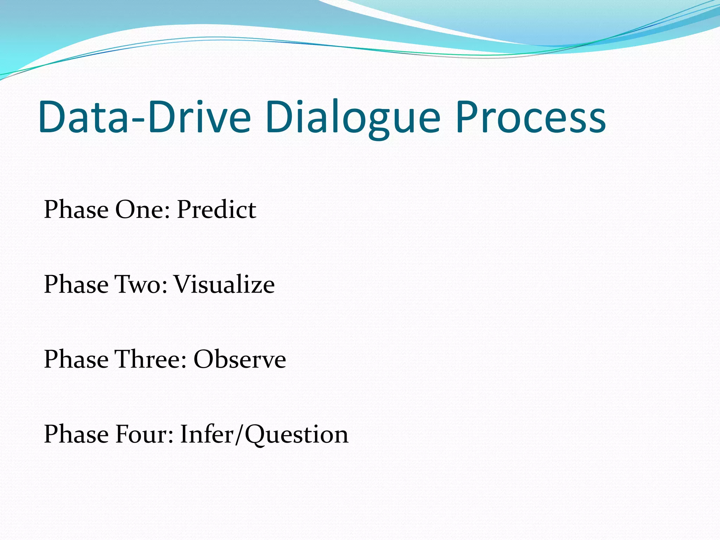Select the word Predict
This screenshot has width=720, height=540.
pos(216,210)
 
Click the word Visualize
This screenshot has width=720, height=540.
pos(224,284)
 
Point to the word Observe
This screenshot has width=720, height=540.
pos(240,359)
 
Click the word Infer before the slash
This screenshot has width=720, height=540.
pos(207,434)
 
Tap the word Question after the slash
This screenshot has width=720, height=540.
pos(296,435)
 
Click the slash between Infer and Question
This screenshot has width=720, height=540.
pos(239,435)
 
